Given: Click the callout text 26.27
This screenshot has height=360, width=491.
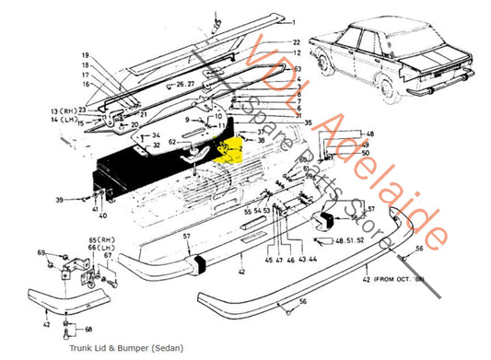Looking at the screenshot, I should tap(186, 85).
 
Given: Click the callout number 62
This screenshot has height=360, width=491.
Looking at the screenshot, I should tap(171, 141).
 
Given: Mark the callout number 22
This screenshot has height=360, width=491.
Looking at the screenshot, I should tap(296, 43).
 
